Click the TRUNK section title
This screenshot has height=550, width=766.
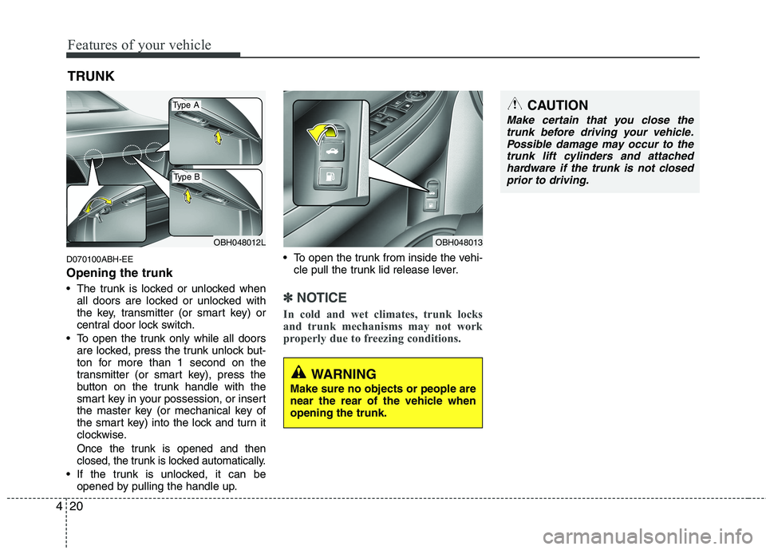coord(91,76)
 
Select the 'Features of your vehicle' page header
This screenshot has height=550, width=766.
coord(139,45)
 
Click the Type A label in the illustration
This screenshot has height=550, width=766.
coord(185,105)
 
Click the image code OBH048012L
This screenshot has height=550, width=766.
coord(239,241)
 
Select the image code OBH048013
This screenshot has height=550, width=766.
coord(458,241)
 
